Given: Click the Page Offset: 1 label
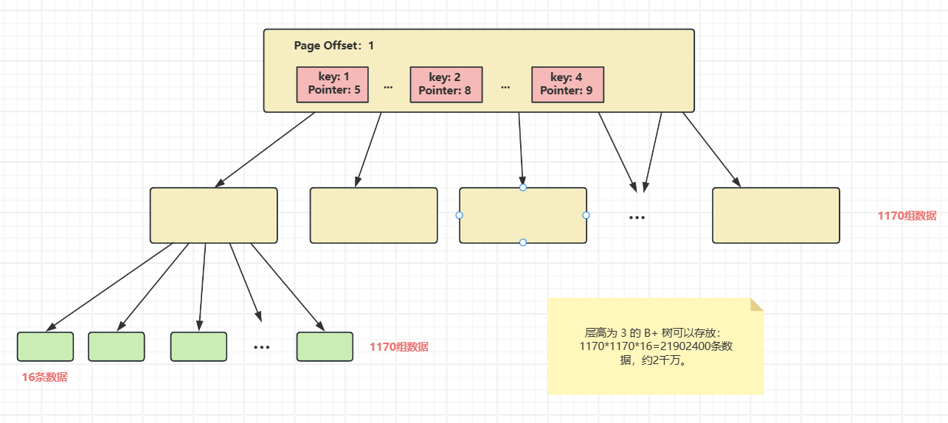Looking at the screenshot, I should [333, 46].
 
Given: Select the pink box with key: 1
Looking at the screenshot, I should [332, 85].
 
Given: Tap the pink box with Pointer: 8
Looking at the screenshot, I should [446, 85].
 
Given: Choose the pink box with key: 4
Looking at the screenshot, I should [567, 85].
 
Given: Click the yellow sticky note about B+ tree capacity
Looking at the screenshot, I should [655, 346].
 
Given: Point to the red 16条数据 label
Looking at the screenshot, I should [44, 377].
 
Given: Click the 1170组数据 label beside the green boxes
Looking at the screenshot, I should [398, 347].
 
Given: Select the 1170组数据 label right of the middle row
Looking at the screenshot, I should [907, 216].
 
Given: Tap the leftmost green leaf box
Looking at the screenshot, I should [45, 347].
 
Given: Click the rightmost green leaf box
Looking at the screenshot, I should [325, 347].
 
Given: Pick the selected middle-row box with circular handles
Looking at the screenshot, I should [522, 215].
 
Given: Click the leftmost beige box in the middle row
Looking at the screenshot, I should [213, 215].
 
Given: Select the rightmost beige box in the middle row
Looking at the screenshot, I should [775, 215].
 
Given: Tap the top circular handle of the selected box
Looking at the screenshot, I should [523, 187].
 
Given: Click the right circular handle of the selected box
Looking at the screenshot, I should [587, 215].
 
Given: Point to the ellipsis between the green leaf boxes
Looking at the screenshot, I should [262, 347].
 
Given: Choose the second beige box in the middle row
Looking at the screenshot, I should [373, 215].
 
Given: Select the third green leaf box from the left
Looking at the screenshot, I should [198, 347].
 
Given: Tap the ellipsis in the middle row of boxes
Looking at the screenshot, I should [637, 218].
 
